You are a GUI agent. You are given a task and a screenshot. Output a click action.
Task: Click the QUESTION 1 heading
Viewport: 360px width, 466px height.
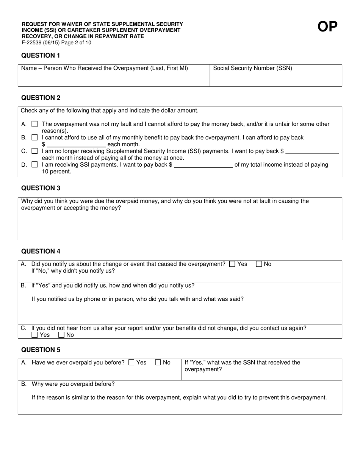pos(41,55)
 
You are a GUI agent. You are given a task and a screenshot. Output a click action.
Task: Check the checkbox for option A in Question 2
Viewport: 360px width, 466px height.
pos(35,124)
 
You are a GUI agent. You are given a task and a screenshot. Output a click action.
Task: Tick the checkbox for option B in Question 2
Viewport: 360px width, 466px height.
pos(35,138)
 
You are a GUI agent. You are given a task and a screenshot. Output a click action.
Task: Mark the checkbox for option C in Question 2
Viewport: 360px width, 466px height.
pos(35,151)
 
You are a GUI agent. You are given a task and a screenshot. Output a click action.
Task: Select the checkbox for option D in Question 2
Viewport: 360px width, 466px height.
pos(35,165)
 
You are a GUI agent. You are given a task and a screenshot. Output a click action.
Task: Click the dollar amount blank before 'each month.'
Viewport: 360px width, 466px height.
pos(77,144)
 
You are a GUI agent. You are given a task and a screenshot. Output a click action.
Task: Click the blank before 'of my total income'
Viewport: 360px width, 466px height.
pos(203,165)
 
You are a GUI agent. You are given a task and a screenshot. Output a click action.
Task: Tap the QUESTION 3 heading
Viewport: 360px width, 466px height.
pos(41,188)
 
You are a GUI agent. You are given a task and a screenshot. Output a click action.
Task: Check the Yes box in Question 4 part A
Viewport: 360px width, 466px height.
pos(233,264)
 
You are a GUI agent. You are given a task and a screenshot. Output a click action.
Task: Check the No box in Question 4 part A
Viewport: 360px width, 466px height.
pos(259,264)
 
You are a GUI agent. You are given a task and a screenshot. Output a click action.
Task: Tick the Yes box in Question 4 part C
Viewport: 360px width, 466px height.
pos(35,335)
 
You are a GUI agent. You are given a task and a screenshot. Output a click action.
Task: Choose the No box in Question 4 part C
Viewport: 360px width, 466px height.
pos(61,335)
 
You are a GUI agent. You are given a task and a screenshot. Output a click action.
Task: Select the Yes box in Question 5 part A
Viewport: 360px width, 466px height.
pos(131,363)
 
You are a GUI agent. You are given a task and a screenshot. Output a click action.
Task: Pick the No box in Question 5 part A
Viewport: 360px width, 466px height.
pos(158,363)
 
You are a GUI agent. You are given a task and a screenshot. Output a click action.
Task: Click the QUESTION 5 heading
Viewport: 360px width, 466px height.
pos(41,350)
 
